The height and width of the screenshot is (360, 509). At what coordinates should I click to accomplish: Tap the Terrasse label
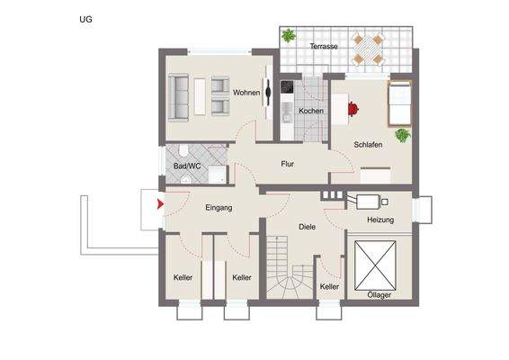coord(324,45)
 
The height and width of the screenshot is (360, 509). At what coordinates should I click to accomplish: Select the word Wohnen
coord(246,93)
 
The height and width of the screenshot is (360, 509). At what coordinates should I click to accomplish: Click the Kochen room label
coord(311,110)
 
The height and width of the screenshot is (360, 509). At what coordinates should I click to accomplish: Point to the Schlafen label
coord(369,144)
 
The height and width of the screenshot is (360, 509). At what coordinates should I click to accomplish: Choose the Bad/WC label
coord(187,166)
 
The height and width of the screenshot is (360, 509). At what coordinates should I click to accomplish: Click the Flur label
coord(288,165)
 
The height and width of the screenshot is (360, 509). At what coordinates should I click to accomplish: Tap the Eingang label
coord(219,208)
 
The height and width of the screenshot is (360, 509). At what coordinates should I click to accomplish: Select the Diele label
coord(307,227)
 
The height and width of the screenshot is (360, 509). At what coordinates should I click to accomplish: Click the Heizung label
coord(380,220)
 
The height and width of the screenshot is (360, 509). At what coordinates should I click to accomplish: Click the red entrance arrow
coord(161,205)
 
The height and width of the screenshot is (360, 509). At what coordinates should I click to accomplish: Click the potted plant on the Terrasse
coord(289,36)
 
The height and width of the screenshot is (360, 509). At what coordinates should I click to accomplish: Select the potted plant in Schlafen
coord(402,135)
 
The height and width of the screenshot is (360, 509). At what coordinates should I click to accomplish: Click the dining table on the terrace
coord(369,47)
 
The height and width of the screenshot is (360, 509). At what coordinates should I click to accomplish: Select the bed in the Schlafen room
coord(398,103)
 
